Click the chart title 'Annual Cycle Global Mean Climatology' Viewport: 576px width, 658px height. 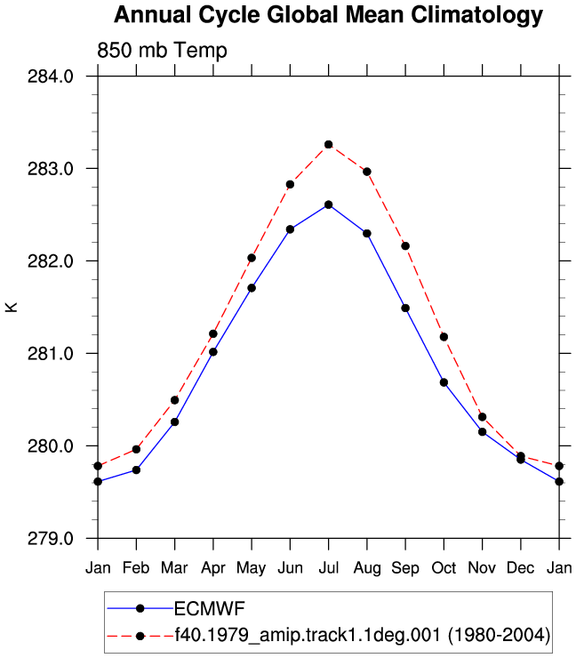[x=328, y=15]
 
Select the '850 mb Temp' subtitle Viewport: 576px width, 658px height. [x=162, y=51]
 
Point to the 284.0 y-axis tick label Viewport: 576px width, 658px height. [x=51, y=76]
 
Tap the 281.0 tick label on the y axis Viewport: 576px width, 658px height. [x=51, y=353]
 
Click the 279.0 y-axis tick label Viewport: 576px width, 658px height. [x=51, y=538]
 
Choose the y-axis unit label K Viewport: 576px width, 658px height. [x=12, y=307]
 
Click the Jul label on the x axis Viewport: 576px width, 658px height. [x=329, y=568]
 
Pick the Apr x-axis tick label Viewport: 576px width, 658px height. [x=213, y=568]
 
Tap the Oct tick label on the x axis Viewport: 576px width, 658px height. [x=444, y=568]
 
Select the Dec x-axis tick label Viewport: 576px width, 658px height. [x=521, y=568]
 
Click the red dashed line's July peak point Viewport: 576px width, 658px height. [x=329, y=144]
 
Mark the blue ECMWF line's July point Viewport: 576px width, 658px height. [x=329, y=205]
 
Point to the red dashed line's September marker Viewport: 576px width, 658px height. [x=405, y=246]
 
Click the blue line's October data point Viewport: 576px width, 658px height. [x=444, y=382]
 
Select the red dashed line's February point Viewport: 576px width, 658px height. [x=136, y=449]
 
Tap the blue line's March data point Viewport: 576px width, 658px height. [x=174, y=421]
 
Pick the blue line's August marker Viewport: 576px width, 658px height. [x=367, y=233]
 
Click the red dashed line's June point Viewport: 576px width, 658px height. [x=290, y=184]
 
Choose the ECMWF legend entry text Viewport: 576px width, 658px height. [x=210, y=608]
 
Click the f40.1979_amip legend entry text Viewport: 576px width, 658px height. [x=362, y=635]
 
